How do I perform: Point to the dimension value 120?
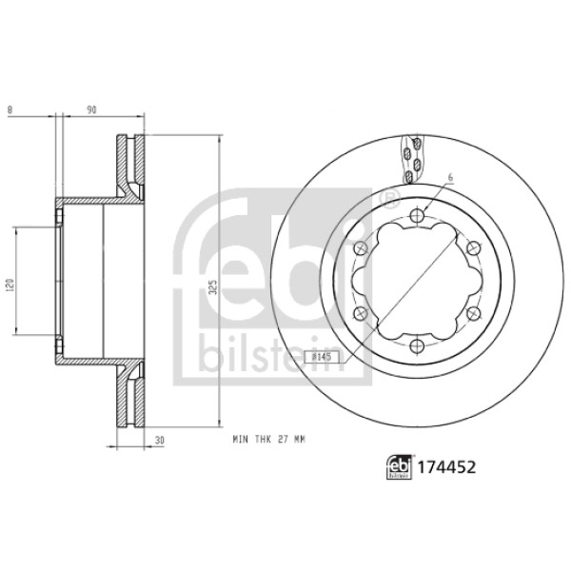8,282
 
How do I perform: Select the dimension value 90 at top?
92,109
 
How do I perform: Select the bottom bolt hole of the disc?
416,345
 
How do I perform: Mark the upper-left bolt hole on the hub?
359,250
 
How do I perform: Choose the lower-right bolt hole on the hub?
472,314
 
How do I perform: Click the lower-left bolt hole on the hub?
359,314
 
